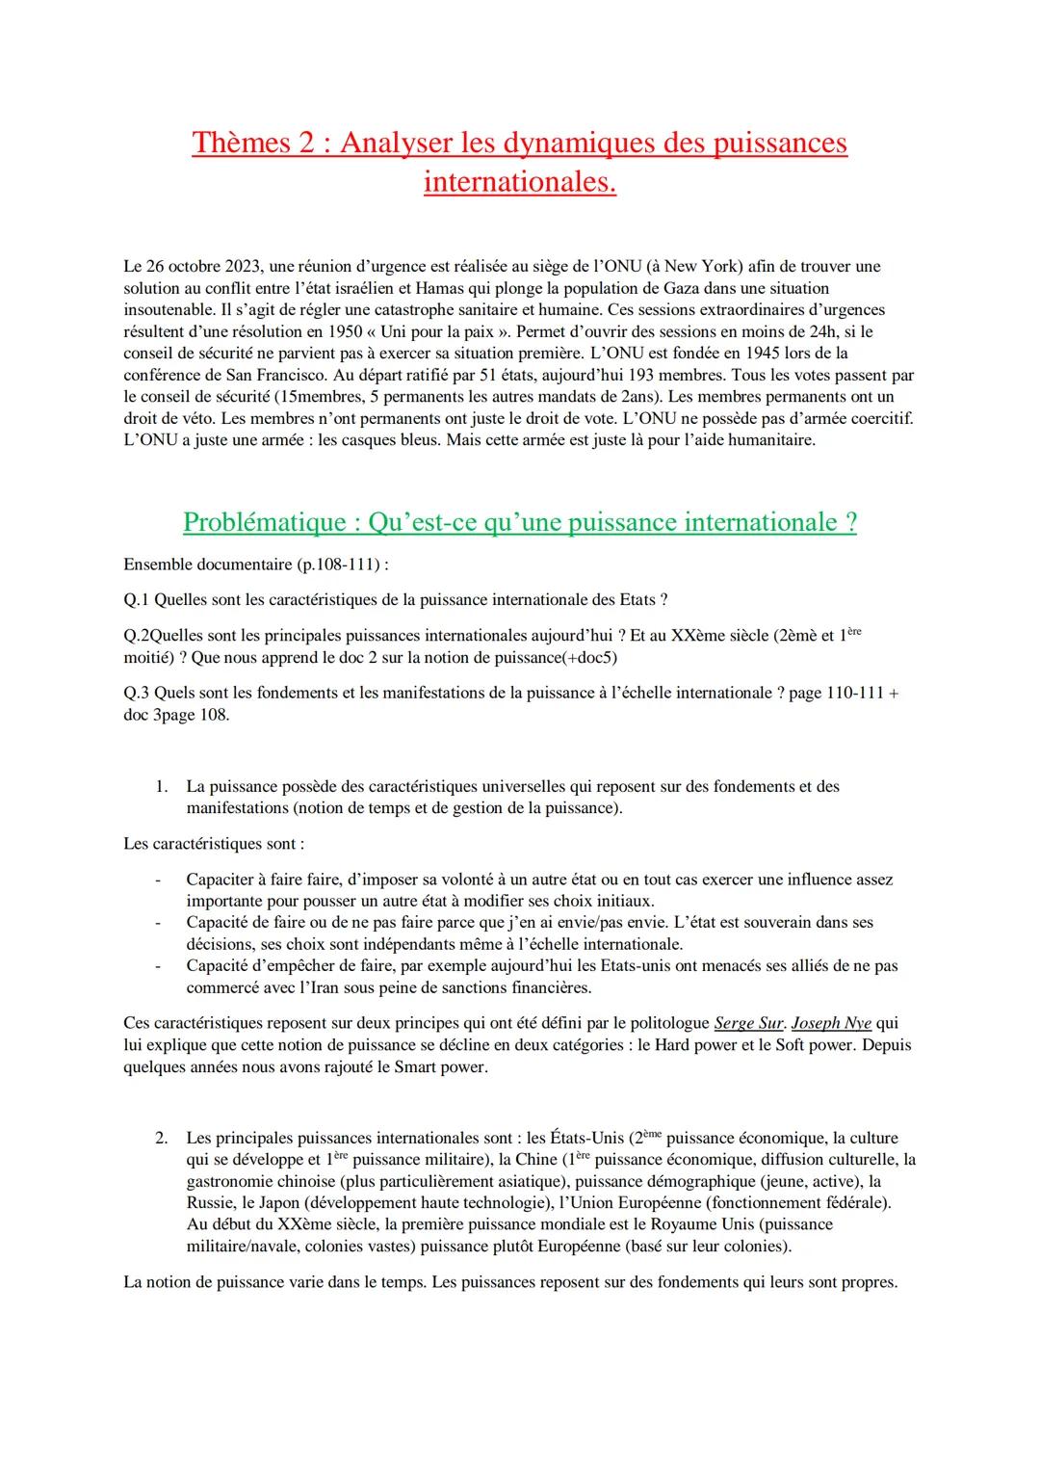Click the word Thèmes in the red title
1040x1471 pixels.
(x=241, y=143)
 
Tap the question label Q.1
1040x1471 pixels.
(x=137, y=600)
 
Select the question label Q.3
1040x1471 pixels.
(x=137, y=693)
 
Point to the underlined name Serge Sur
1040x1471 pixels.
(x=748, y=1023)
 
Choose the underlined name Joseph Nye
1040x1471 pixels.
(x=831, y=1023)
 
